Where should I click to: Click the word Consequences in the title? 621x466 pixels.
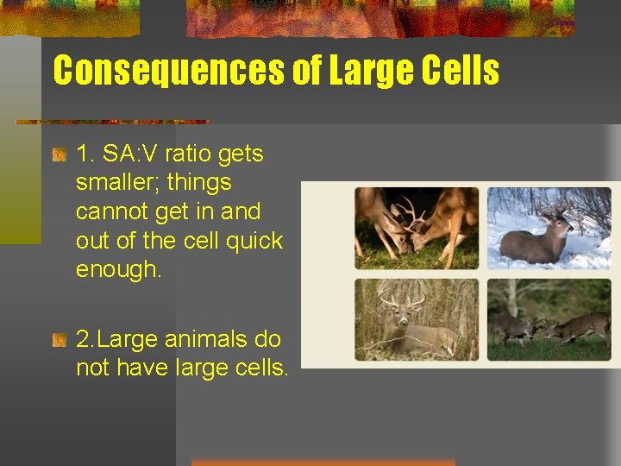point(169,71)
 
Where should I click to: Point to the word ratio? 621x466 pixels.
point(189,154)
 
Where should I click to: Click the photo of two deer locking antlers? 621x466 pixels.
point(417,229)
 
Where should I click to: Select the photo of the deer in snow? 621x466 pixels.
point(549,229)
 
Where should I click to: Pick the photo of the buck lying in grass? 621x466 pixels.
point(417,319)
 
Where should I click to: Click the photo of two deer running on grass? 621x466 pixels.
point(549,319)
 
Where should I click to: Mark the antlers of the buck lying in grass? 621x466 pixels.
point(404,296)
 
